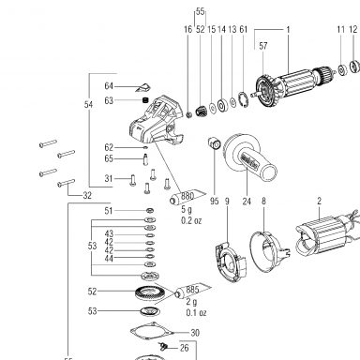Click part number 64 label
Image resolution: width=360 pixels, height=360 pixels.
[x=109, y=86]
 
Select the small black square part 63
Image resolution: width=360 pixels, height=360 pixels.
[x=144, y=100]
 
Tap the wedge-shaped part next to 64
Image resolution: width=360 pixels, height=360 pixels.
[x=142, y=87]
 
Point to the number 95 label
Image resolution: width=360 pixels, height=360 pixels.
[x=215, y=202]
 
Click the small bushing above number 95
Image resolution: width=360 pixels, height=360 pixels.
[x=215, y=142]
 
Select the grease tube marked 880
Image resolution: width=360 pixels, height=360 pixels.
[x=187, y=197]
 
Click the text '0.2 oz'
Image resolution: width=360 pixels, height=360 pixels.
[x=191, y=220]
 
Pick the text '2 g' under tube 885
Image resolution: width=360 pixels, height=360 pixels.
[x=191, y=302]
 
